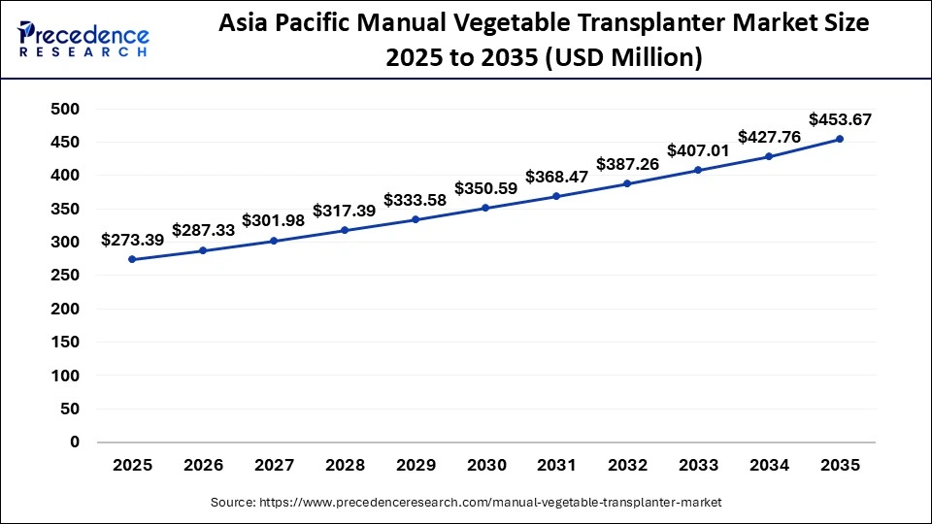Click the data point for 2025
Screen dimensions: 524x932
[132, 259]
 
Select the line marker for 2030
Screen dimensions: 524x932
[485, 208]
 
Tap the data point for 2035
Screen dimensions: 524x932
[840, 139]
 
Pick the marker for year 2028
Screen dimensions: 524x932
[345, 230]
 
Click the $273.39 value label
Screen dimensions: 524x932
[132, 240]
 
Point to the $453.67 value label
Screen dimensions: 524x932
[840, 119]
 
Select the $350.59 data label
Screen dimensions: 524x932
[485, 188]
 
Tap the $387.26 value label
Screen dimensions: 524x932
[627, 164]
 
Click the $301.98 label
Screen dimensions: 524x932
[274, 220]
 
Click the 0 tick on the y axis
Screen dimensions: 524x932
[74, 442]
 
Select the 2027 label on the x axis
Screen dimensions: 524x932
[274, 466]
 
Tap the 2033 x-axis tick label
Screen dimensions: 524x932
[698, 466]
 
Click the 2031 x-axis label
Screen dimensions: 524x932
[556, 466]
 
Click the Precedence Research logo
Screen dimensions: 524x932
[83, 39]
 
